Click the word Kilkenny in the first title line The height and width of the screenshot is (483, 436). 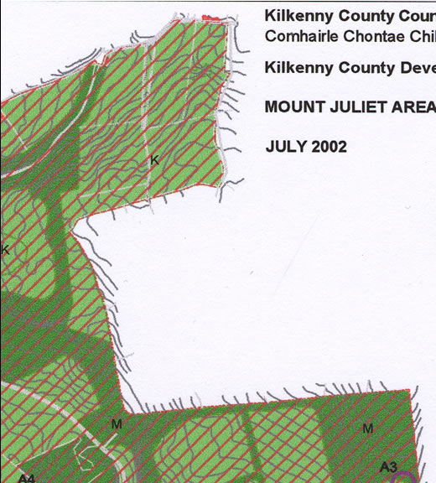[296, 16]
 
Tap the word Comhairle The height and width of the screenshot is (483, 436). [298, 37]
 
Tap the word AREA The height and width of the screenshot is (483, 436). [415, 107]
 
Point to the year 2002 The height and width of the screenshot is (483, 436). [329, 147]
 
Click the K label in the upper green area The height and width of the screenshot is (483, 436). [154, 159]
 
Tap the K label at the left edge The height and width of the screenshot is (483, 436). [5, 250]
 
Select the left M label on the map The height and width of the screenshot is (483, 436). [117, 424]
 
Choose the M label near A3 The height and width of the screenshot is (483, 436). [367, 428]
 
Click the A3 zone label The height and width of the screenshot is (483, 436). [388, 466]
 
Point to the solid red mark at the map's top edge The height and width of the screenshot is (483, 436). [219, 16]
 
